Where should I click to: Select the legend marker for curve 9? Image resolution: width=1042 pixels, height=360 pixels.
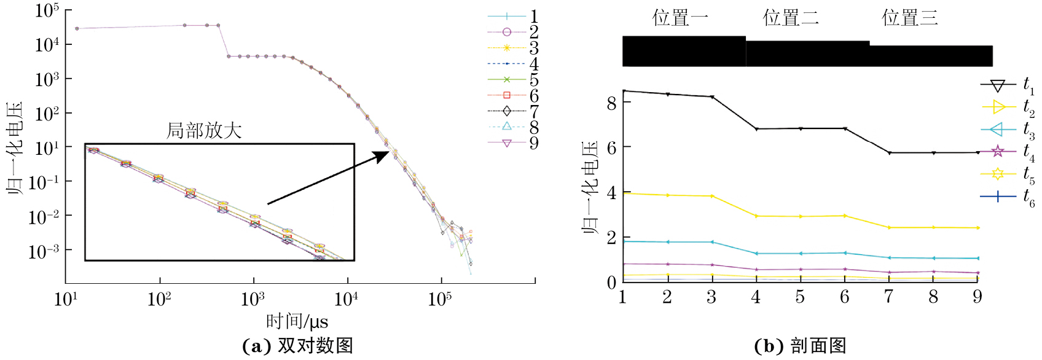point(507,143)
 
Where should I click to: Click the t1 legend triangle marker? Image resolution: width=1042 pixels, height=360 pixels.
point(998,85)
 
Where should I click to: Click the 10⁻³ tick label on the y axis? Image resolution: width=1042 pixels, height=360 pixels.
point(45,251)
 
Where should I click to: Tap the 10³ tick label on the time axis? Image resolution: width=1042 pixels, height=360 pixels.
point(253,299)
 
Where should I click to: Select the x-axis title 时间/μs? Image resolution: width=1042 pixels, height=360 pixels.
point(297,321)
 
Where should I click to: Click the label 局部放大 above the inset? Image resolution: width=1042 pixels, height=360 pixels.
point(204,130)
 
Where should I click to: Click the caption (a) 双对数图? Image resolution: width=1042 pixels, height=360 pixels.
point(298,346)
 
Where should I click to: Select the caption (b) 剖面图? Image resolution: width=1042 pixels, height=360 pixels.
point(800,346)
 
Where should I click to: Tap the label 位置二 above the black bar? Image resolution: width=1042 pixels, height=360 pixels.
point(791,17)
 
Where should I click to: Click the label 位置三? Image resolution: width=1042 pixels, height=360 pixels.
point(910,17)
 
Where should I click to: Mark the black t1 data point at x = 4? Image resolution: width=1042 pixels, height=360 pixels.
point(756,129)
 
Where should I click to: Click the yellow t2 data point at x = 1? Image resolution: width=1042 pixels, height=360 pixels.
point(624,194)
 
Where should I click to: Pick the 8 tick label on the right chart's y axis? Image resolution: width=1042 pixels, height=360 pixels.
point(611,103)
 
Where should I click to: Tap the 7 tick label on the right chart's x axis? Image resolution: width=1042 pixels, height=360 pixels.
point(888,297)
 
